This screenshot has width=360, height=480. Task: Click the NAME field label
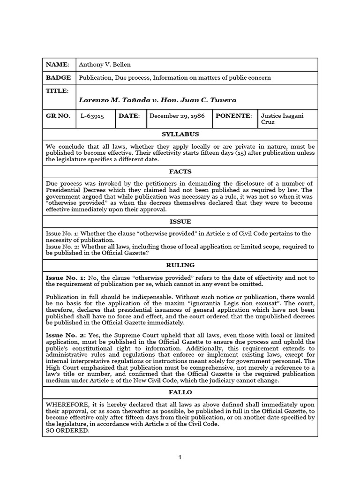click(x=58, y=65)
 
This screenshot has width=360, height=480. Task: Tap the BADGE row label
click(x=59, y=78)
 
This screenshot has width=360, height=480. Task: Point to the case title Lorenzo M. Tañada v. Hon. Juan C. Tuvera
click(x=157, y=100)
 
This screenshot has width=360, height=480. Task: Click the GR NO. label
click(x=58, y=115)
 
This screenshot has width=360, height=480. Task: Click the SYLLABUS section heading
click(x=180, y=135)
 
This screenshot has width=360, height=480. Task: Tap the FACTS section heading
click(x=180, y=172)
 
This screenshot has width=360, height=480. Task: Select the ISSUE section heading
click(x=180, y=221)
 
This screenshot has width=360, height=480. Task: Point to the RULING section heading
click(x=180, y=265)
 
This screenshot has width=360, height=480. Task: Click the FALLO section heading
click(x=180, y=392)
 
